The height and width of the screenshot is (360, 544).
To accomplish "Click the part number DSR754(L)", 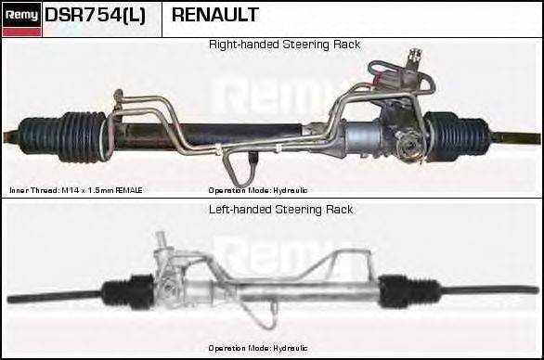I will point(96,16).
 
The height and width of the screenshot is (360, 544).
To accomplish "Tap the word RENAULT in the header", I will point(214,16).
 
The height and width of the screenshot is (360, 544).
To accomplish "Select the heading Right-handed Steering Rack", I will point(284,45).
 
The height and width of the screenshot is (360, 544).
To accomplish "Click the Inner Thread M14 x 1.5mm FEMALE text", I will point(76,190).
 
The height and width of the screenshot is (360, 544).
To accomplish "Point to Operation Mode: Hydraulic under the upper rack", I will point(257,190).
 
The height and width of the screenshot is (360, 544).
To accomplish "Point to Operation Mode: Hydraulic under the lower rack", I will point(257,348).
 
